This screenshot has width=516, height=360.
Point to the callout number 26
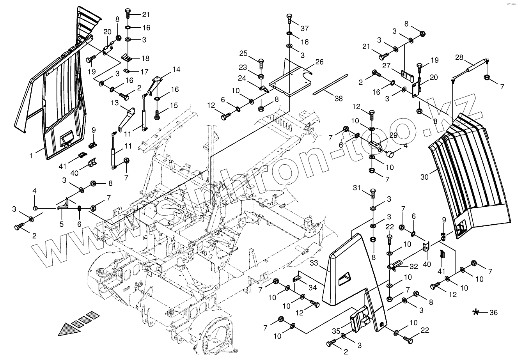[319, 62]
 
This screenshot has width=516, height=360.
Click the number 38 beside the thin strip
[338, 99]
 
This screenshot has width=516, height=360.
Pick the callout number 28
[459, 58]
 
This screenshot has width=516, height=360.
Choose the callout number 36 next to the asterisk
[493, 312]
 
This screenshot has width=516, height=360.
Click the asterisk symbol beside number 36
[476, 312]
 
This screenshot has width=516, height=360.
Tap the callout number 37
[304, 28]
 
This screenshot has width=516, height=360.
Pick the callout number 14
[176, 69]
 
